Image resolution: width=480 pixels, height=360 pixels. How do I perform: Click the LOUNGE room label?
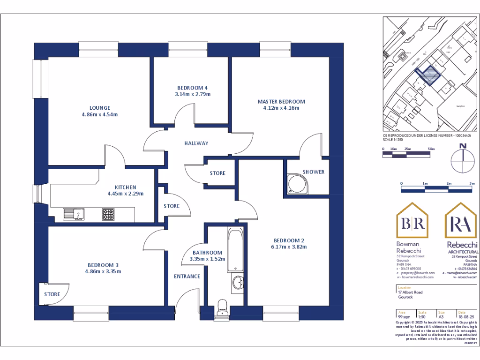[x=100, y=107]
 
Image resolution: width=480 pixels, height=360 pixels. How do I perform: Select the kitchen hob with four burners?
[x=109, y=215]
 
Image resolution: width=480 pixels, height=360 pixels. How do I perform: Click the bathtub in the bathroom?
[x=235, y=250]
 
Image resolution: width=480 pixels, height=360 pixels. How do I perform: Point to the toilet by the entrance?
[x=222, y=307]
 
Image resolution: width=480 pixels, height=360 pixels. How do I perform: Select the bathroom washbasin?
[x=238, y=283]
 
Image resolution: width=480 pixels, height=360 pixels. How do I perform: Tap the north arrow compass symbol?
[x=463, y=159]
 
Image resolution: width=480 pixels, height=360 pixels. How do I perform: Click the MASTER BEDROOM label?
[x=281, y=102]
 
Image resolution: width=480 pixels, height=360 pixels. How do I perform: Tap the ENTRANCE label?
[x=187, y=277]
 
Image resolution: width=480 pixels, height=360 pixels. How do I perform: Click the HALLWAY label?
[x=196, y=143]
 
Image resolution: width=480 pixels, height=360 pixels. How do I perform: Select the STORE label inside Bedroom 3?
[x=52, y=294]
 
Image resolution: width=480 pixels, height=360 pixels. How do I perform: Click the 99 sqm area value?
[x=404, y=317]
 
